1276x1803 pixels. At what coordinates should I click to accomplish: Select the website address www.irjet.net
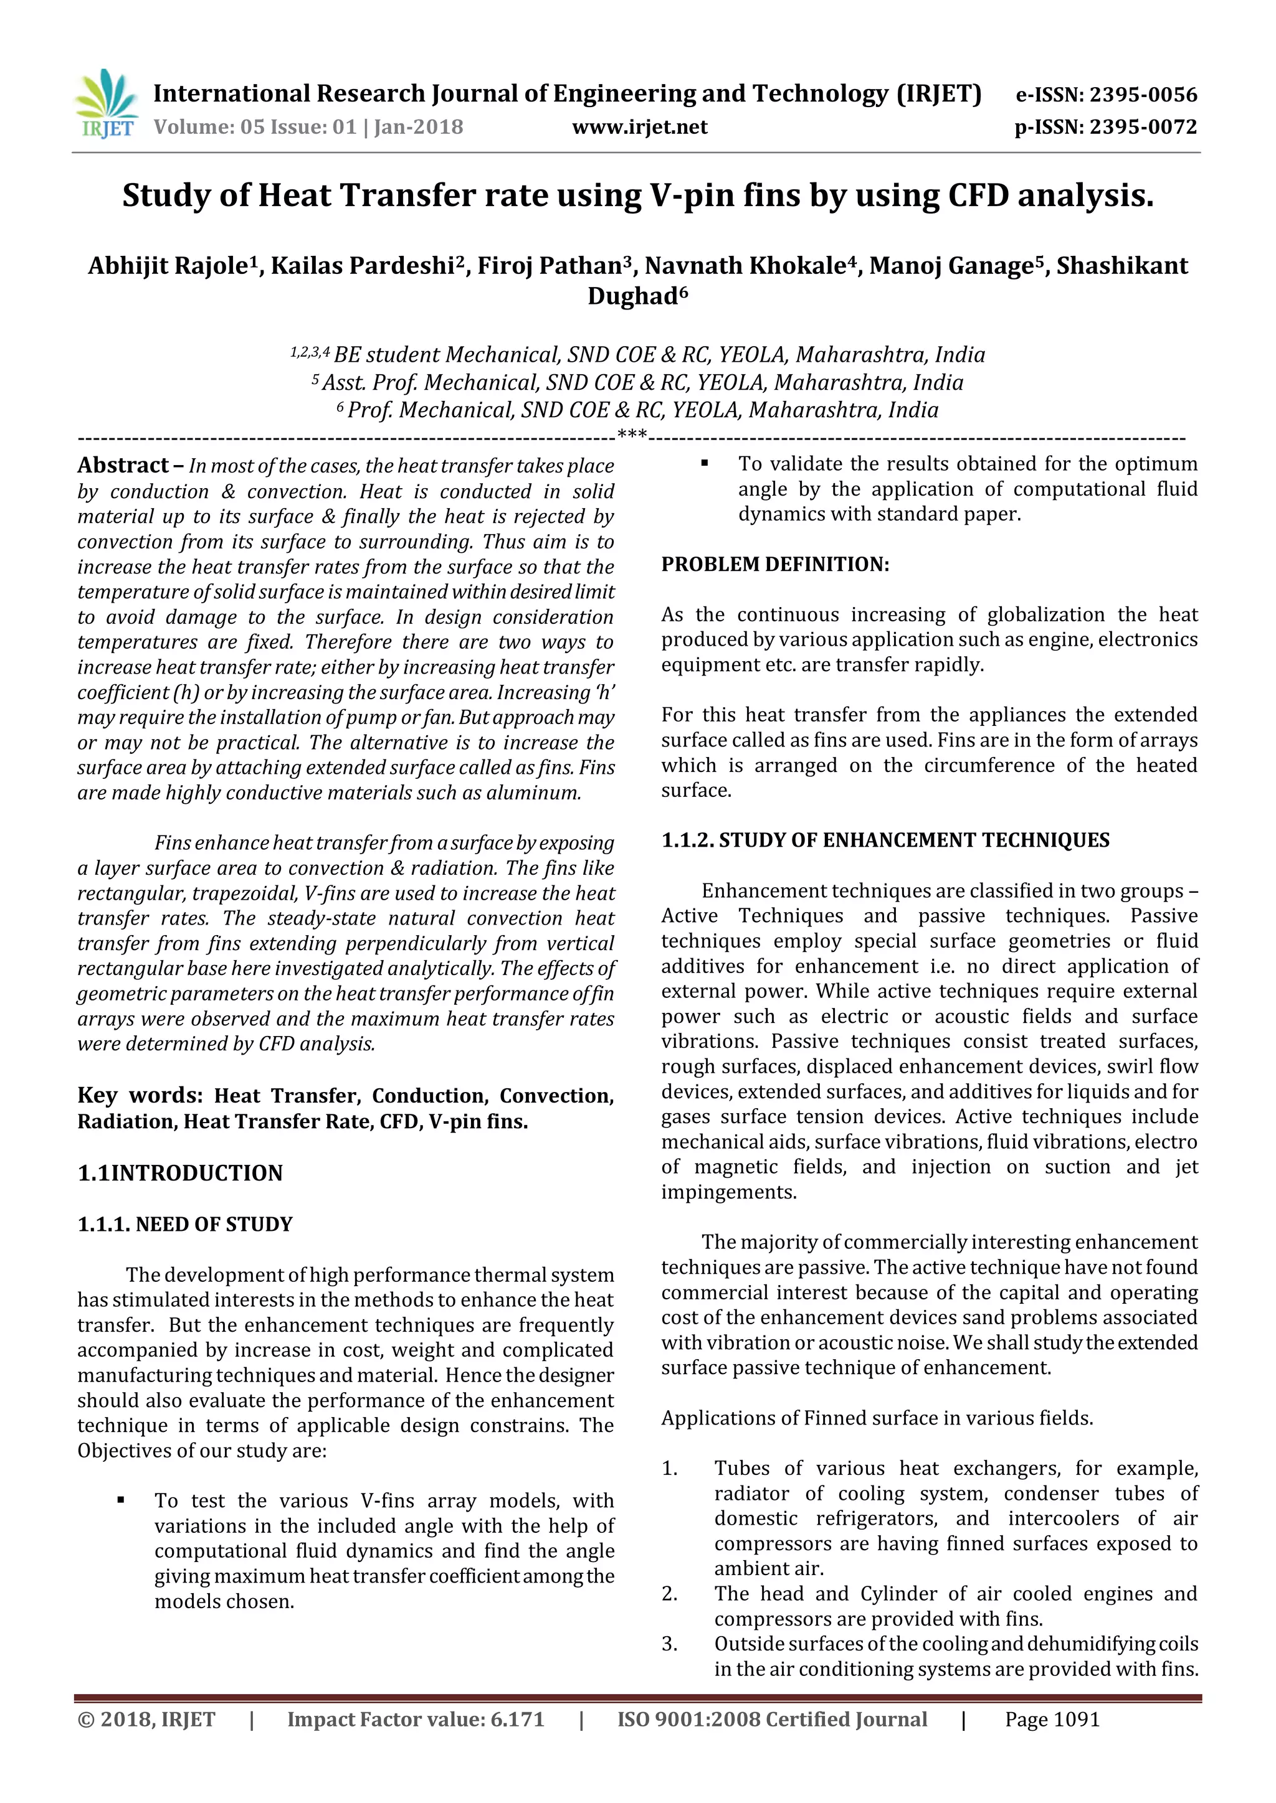[x=640, y=127]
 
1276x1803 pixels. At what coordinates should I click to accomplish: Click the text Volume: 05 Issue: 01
[x=254, y=127]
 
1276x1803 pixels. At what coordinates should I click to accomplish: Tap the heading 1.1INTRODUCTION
[x=180, y=1173]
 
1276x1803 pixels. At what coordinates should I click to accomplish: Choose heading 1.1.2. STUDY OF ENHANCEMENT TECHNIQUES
[x=885, y=840]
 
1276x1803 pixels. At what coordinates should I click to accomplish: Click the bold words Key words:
[x=140, y=1096]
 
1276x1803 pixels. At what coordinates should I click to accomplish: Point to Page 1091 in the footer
[x=1052, y=1720]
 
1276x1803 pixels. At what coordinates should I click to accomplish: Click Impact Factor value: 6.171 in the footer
[x=416, y=1720]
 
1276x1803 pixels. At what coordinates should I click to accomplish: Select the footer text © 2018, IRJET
[x=146, y=1720]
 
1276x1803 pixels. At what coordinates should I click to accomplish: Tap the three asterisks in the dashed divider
[x=632, y=435]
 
